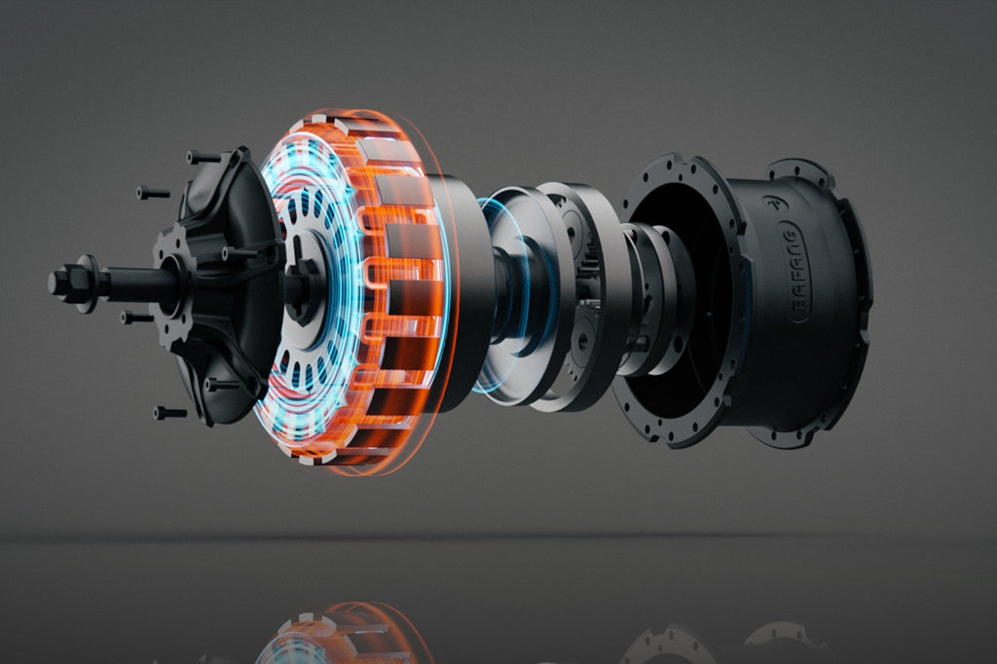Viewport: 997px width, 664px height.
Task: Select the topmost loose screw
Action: (x=203, y=157)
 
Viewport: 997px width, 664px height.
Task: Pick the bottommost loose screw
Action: (x=169, y=413)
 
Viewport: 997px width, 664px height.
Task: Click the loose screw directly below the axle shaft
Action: (x=136, y=316)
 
